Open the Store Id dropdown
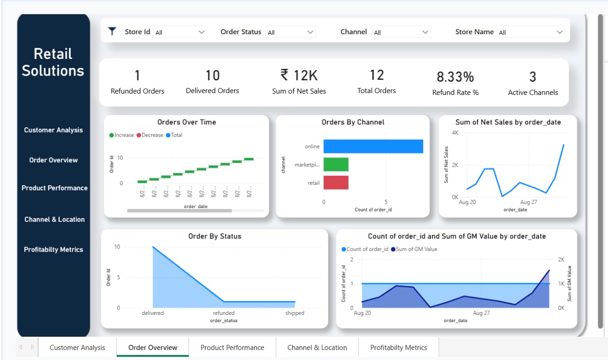click(180, 32)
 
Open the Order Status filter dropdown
click(290, 32)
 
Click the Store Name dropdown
click(530, 32)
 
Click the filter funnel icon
click(112, 32)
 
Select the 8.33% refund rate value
click(455, 77)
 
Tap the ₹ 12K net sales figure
click(299, 76)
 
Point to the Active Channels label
click(532, 93)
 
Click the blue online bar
click(373, 146)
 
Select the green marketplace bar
click(336, 164)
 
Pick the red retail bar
click(336, 182)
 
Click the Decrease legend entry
click(150, 135)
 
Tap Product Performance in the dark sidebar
click(55, 188)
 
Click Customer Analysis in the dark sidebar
click(53, 130)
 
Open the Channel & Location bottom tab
click(317, 348)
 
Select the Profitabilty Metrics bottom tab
click(399, 348)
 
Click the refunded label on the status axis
click(224, 313)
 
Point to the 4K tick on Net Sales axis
click(455, 133)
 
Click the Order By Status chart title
click(215, 236)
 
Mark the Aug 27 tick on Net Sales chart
click(528, 202)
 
